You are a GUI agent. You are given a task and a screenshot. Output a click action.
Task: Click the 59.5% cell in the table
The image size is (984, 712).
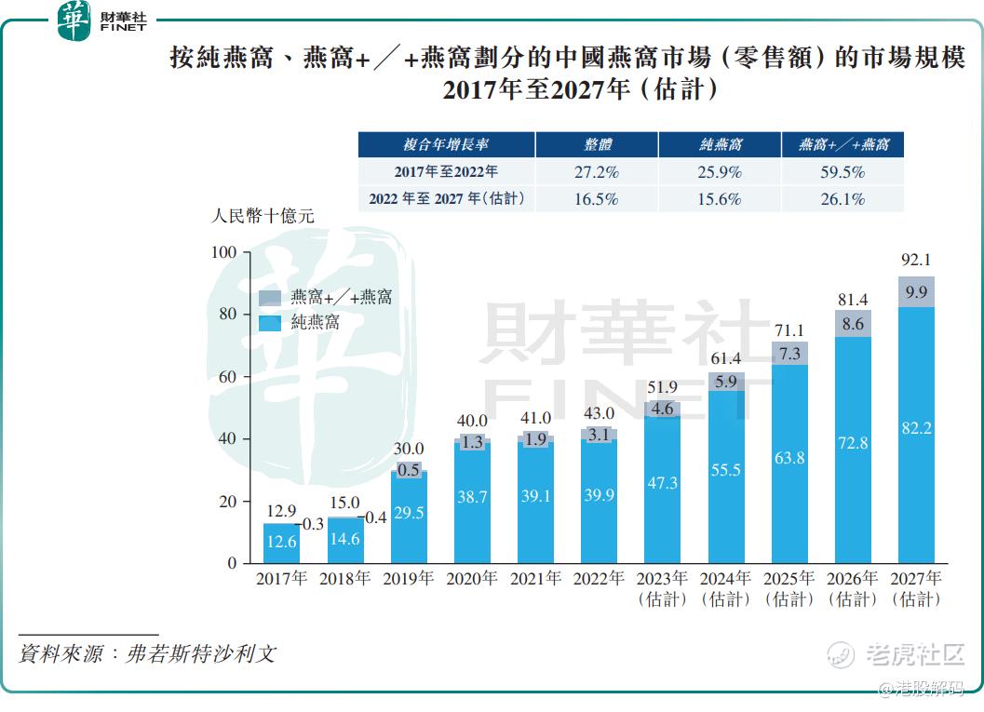point(843,172)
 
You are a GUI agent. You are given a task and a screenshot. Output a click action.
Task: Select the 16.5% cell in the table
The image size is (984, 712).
point(597,199)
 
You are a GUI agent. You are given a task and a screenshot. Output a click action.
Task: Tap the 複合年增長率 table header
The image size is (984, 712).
point(446,145)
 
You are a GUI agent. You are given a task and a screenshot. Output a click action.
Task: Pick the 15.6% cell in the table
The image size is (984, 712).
point(720,199)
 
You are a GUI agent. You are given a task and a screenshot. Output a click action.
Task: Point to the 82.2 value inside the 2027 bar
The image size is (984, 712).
point(916,427)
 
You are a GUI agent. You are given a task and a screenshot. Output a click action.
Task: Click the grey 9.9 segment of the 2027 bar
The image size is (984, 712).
point(916,292)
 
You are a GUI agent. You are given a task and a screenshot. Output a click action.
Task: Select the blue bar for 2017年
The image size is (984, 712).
point(281,544)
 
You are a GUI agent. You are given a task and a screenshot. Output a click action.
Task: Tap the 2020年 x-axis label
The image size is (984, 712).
point(472,579)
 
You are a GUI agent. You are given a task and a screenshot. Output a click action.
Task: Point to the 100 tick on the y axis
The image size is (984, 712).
point(225,252)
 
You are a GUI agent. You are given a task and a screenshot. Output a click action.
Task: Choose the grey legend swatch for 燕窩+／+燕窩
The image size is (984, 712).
point(270,298)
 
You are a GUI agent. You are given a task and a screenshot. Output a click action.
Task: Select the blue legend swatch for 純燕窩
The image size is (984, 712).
point(270,323)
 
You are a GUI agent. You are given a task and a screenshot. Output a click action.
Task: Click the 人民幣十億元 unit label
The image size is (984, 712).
point(263,216)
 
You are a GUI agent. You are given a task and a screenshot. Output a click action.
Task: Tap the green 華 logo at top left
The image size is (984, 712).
point(74,20)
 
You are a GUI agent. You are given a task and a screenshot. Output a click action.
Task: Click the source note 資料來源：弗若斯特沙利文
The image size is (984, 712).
point(147,653)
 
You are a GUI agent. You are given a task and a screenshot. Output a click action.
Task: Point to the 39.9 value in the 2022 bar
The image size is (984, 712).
point(599,496)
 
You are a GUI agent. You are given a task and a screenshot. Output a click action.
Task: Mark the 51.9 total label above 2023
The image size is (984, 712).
point(662,387)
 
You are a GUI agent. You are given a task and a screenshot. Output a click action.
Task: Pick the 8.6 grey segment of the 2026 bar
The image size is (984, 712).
point(853,325)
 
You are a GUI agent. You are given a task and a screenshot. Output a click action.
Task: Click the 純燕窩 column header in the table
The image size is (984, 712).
point(720,145)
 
